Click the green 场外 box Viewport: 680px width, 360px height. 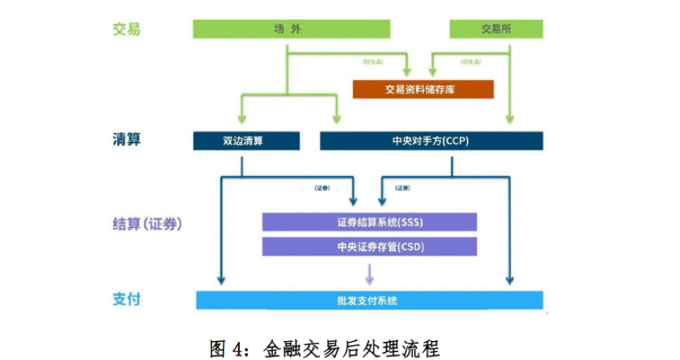pyautogui.click(x=292, y=29)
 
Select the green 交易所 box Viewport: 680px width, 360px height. pyautogui.click(x=496, y=29)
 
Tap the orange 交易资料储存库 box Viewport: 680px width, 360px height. pyautogui.click(x=423, y=89)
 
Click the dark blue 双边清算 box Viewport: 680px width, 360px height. pyautogui.click(x=246, y=141)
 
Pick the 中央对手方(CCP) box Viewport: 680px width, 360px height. pyautogui.click(x=431, y=141)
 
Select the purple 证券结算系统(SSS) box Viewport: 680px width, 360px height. pyautogui.click(x=369, y=222)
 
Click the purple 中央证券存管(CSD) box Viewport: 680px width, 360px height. pyautogui.click(x=369, y=246)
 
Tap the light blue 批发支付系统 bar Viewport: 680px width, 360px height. pyautogui.click(x=369, y=300)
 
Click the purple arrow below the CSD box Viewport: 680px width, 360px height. pyautogui.click(x=369, y=275)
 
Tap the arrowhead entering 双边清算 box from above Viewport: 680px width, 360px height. pyautogui.click(x=240, y=119)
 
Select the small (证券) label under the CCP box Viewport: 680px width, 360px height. pyautogui.click(x=402, y=189)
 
